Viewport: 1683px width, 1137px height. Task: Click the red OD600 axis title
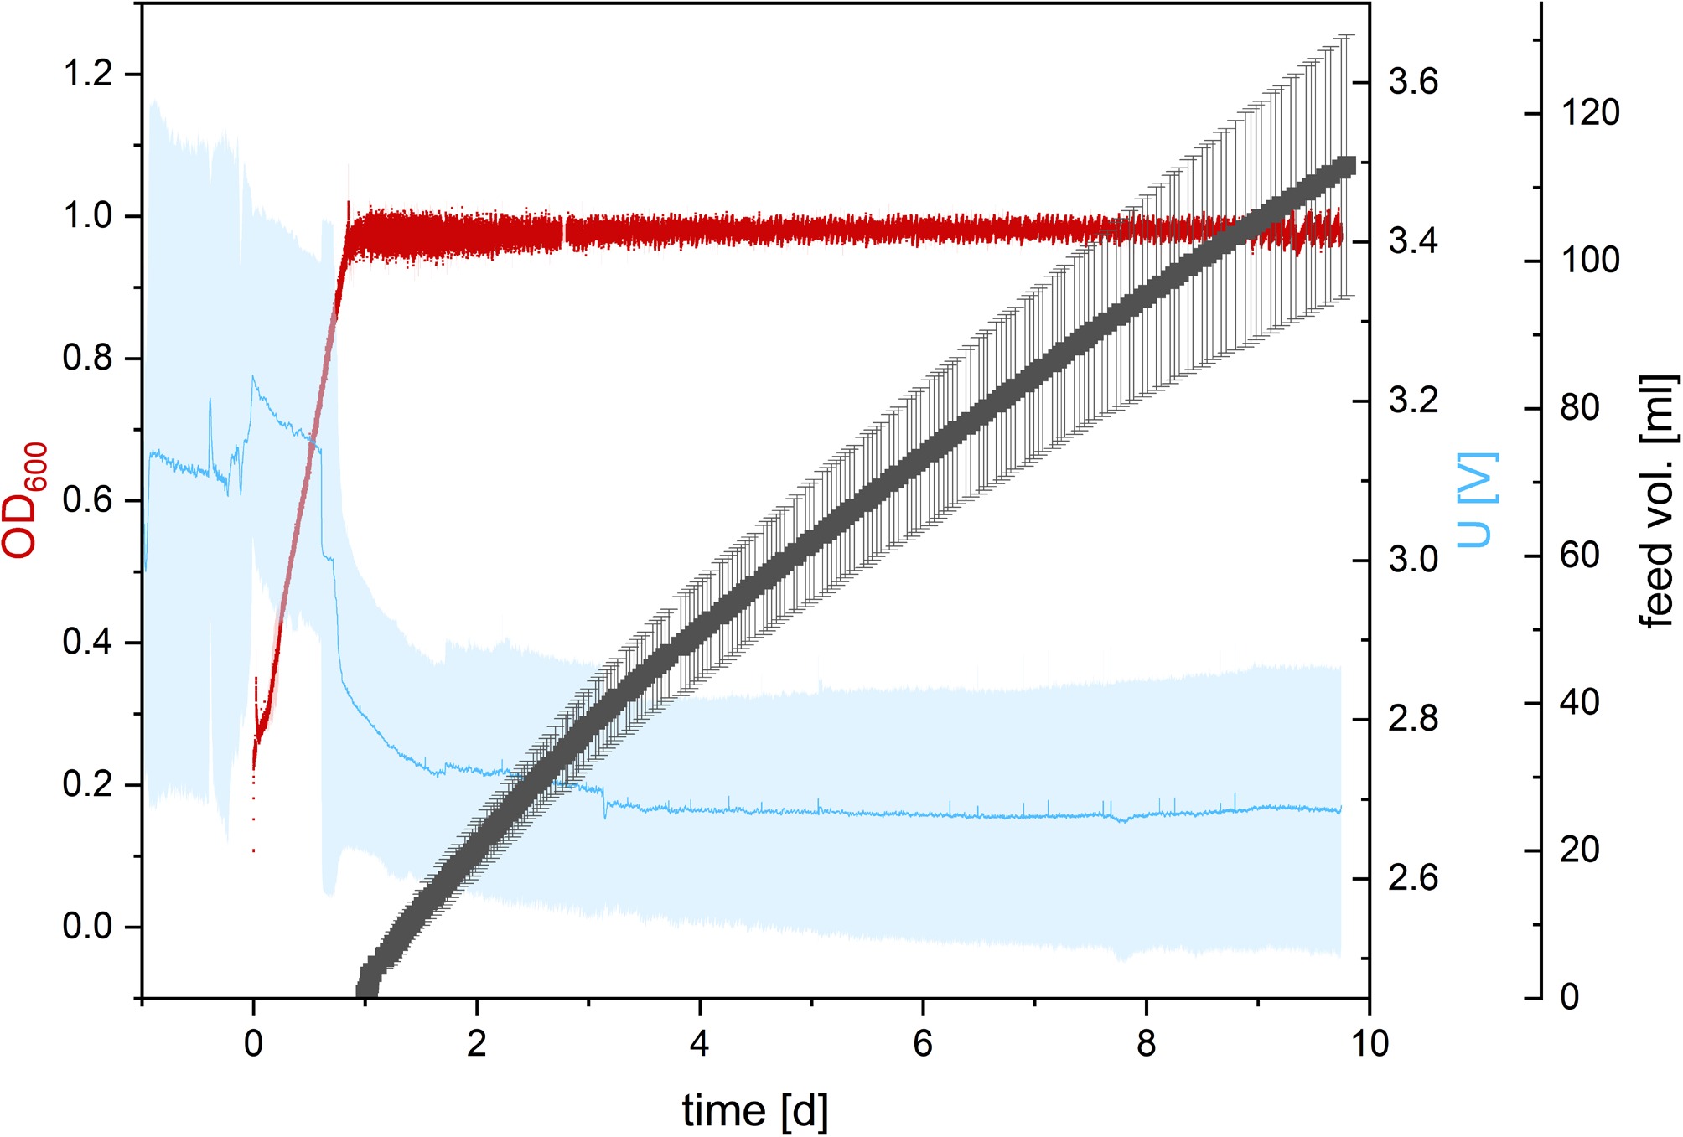(25, 499)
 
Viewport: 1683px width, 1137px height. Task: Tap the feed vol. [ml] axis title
(1658, 500)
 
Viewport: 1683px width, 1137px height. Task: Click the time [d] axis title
(755, 1111)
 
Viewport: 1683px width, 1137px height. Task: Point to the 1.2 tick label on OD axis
(88, 74)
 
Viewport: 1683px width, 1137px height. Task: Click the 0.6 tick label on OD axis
(88, 500)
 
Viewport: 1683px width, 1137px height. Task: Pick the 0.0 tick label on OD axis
(88, 927)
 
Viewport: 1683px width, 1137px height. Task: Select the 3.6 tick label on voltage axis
(1413, 82)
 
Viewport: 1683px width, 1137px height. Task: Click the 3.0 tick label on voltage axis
(1413, 560)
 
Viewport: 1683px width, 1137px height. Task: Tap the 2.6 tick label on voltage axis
(1413, 878)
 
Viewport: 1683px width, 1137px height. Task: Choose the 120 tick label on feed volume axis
(1590, 113)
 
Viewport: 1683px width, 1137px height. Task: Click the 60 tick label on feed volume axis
(1580, 556)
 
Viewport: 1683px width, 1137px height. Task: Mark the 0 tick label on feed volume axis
(1570, 997)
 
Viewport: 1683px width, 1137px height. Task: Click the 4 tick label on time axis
(700, 1044)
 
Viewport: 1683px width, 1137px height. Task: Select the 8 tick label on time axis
(1147, 1044)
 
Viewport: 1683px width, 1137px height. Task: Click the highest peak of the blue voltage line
(252, 376)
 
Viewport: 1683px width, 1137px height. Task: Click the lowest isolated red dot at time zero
(253, 851)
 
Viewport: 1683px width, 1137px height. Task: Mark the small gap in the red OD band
(565, 233)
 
